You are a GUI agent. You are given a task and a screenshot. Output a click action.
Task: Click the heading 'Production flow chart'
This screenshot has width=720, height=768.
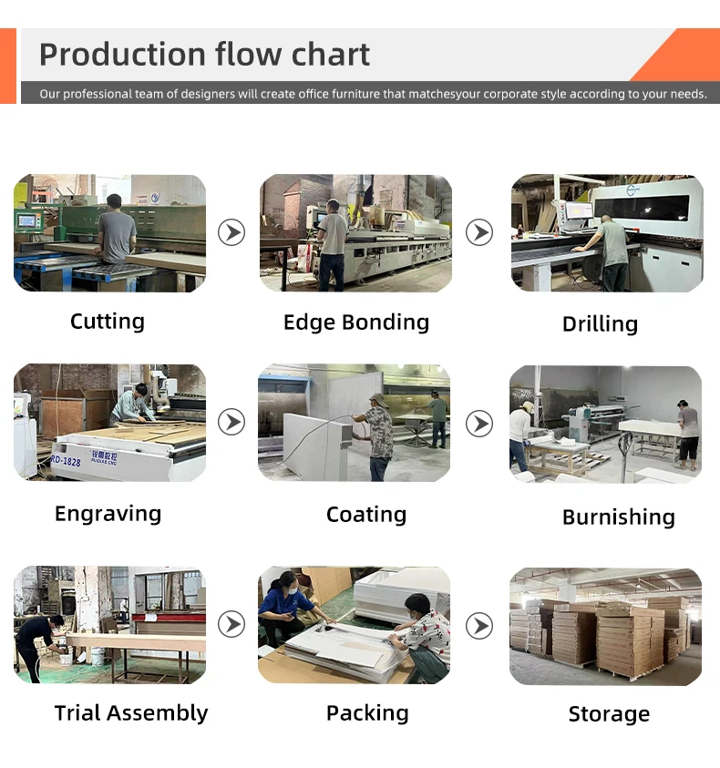[204, 55]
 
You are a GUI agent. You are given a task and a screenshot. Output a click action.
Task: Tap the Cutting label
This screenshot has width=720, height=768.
[108, 322]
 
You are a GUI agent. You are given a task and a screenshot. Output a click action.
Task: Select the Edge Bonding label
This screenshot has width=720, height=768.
[355, 323]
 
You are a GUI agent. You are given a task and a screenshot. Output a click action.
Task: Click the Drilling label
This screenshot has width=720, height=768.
[600, 324]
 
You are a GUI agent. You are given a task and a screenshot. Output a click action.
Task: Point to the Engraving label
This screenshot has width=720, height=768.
[108, 514]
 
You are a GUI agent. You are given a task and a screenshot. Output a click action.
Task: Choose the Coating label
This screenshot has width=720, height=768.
[365, 516]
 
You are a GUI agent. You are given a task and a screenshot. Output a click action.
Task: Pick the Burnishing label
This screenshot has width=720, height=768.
[618, 517]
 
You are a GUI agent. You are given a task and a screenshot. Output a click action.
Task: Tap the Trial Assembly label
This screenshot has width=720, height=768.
[130, 713]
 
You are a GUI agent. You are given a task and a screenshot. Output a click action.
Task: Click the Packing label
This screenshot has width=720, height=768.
[367, 713]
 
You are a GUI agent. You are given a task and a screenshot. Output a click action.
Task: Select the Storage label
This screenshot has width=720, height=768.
[609, 715]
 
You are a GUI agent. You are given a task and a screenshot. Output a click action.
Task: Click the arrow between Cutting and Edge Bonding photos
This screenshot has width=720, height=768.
[231, 233]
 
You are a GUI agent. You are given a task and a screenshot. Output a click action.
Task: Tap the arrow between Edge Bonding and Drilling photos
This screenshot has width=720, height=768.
[479, 233]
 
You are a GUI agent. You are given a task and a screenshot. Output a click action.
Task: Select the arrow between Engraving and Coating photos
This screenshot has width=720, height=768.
[231, 423]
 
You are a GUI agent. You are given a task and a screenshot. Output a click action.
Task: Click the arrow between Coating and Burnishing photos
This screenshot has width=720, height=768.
[479, 423]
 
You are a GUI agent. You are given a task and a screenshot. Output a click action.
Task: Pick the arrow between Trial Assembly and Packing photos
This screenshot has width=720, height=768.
[231, 625]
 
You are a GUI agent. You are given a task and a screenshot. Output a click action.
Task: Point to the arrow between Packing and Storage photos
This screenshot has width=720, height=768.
[479, 625]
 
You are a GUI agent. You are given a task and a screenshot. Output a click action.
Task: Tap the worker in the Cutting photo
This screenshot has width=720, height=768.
[116, 232]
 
